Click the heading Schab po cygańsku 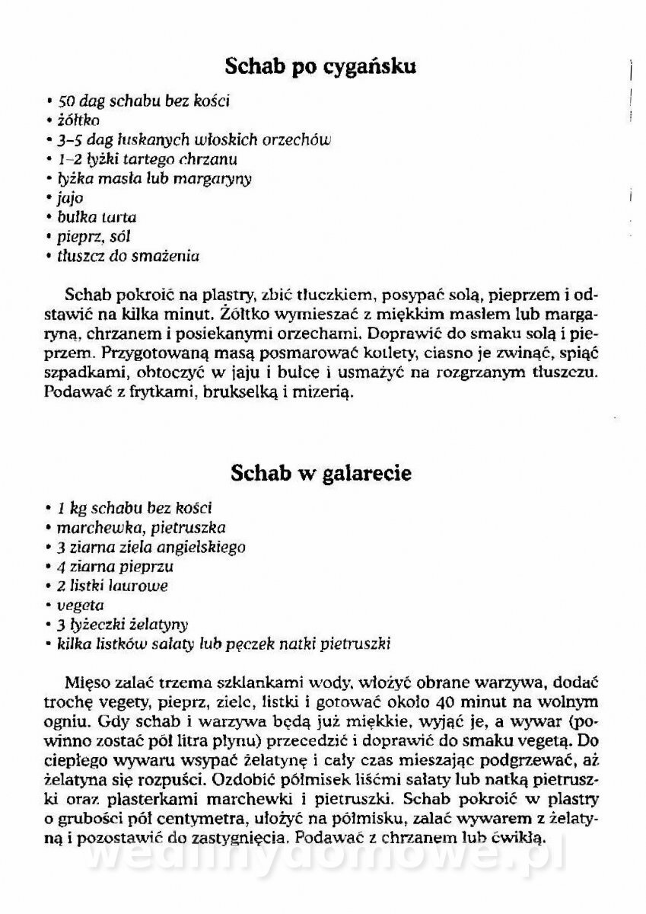(x=321, y=68)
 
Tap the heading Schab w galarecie (x=320, y=473)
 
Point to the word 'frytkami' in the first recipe (x=146, y=394)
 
